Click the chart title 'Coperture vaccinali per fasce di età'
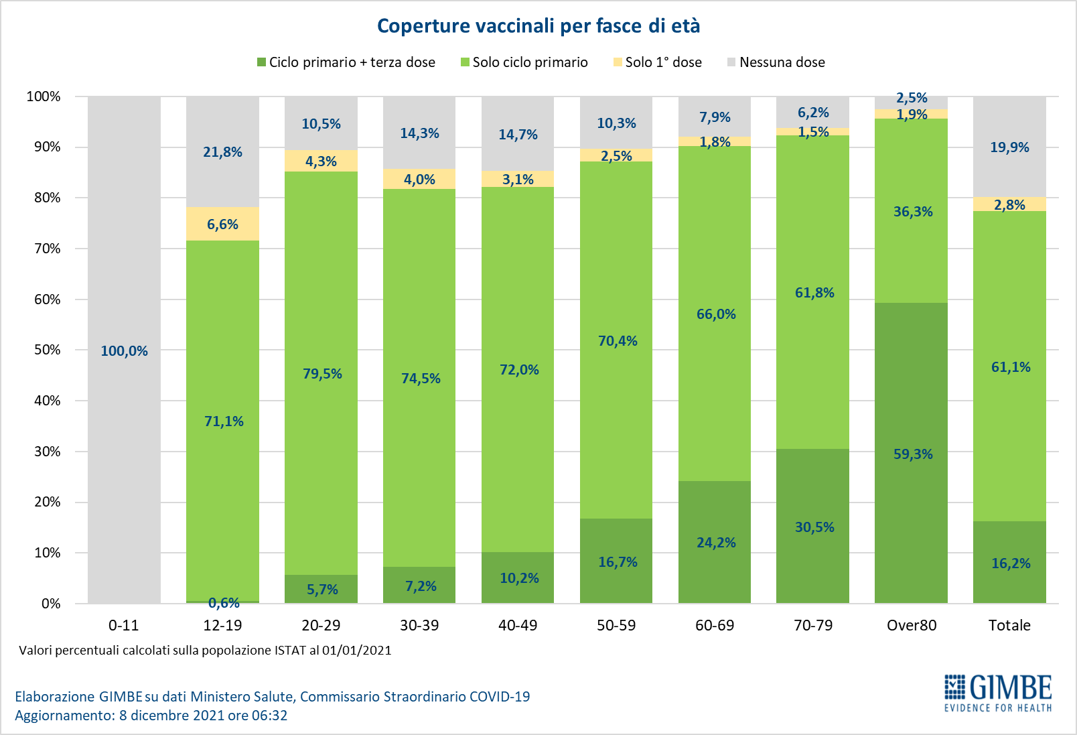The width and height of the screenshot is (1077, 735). [x=538, y=26]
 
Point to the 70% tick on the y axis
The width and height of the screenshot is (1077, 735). [x=47, y=249]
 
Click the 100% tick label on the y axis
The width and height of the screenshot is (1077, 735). [x=44, y=96]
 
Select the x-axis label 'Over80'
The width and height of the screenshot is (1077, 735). [x=911, y=625]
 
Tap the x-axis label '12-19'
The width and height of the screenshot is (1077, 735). [x=222, y=625]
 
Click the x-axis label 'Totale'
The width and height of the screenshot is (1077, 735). [x=1009, y=625]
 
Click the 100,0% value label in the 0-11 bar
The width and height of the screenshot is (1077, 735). [x=124, y=351]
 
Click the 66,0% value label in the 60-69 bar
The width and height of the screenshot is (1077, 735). [x=716, y=314]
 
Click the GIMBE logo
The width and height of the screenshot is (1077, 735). [x=998, y=693]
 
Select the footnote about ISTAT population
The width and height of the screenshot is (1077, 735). [x=205, y=651]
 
